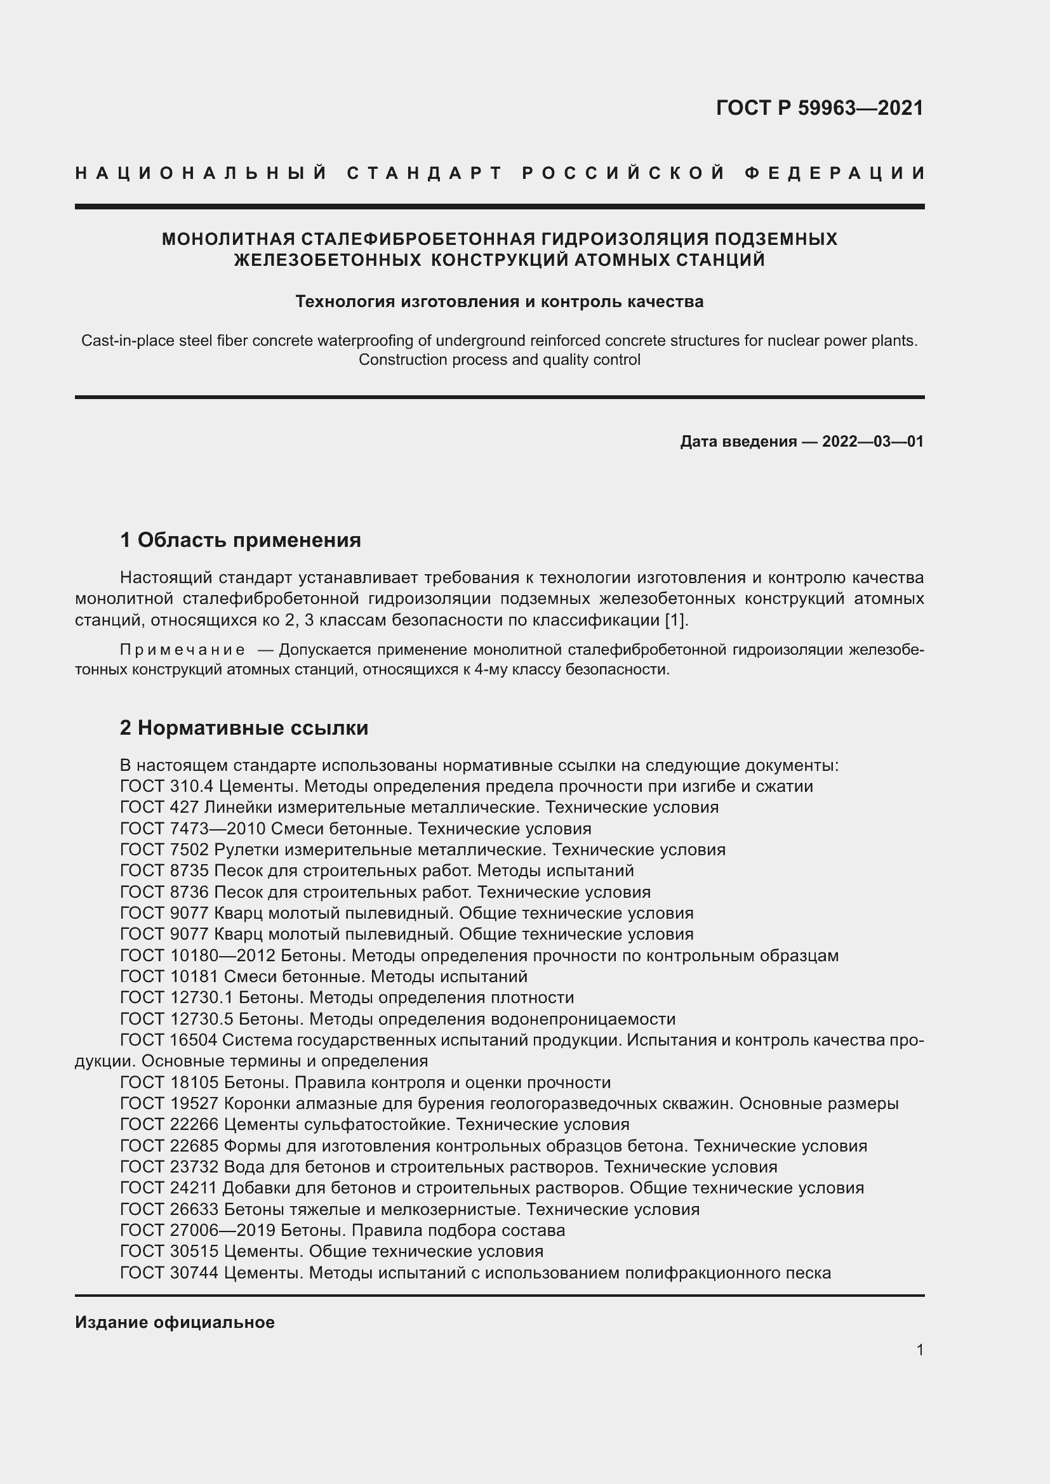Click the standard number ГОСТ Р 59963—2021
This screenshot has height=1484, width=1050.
click(819, 108)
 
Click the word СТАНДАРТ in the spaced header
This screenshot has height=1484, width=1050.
click(425, 173)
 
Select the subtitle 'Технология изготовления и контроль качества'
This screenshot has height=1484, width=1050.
click(499, 301)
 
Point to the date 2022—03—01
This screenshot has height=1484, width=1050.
click(872, 442)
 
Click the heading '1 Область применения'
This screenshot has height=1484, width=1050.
click(240, 540)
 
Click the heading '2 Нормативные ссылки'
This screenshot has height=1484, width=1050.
click(244, 728)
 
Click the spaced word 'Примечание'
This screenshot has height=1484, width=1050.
click(182, 650)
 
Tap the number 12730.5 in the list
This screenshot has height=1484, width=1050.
click(202, 1020)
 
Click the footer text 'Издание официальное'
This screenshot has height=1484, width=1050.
click(175, 1322)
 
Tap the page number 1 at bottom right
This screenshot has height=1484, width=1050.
click(919, 1349)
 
